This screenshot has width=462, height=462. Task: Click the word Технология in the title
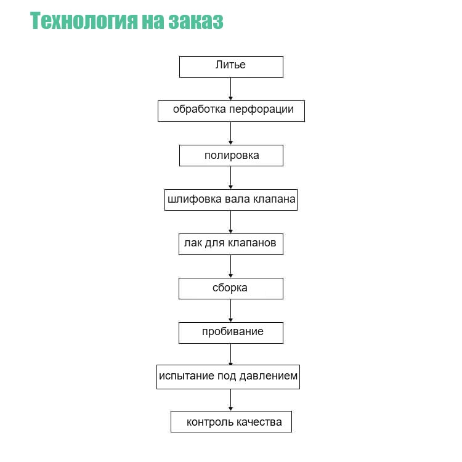tap(84, 21)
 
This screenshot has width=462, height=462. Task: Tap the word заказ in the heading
tap(196, 21)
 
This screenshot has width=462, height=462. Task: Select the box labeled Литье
tap(231, 67)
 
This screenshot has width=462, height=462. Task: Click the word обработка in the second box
tap(200, 109)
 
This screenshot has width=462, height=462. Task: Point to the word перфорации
tap(262, 110)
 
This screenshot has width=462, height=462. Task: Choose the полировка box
tap(231, 156)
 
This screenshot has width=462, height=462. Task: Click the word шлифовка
tap(195, 200)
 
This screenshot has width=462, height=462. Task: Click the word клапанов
tap(252, 243)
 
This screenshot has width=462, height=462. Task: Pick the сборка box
tap(231, 288)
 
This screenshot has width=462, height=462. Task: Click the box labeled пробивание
tap(231, 333)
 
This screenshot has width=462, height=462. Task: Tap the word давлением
tap(269, 376)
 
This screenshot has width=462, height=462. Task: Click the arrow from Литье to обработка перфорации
tap(231, 89)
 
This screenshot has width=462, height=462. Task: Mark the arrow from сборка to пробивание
tap(231, 310)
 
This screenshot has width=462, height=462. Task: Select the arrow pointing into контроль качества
tap(231, 400)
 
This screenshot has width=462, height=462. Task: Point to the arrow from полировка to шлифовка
tap(231, 177)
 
